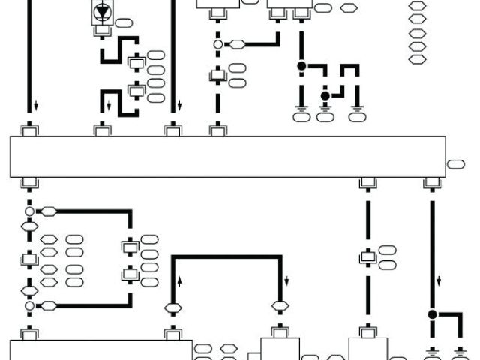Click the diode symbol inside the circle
(100, 12)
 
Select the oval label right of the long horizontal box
(456, 164)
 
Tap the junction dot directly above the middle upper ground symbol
(325, 96)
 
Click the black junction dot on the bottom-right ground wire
(432, 314)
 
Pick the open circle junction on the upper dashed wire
(218, 45)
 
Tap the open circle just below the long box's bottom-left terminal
(29, 211)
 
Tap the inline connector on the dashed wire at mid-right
(367, 256)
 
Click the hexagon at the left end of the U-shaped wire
(172, 306)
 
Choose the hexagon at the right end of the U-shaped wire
(280, 306)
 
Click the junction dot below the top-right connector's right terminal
(301, 66)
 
